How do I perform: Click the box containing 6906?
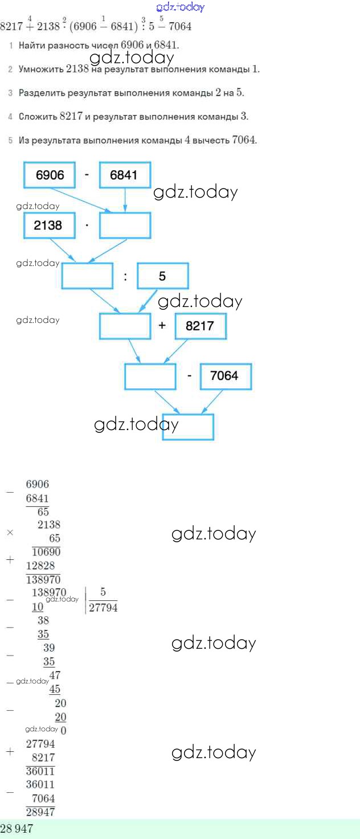[x=50, y=175]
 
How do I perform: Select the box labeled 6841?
[x=125, y=175]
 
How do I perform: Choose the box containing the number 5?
[x=163, y=276]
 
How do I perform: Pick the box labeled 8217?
[x=201, y=326]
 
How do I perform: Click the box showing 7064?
[x=226, y=376]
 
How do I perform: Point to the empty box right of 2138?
[x=125, y=225]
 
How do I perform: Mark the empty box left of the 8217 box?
[x=125, y=326]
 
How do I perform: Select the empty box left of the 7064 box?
[x=150, y=376]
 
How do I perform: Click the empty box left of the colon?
[x=87, y=276]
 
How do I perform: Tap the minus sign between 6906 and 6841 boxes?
[x=87, y=174]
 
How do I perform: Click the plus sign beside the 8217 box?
[x=162, y=326]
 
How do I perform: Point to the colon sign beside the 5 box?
[x=125, y=277]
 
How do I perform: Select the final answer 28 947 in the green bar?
[x=17, y=829]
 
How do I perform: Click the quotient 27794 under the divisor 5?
[x=103, y=607]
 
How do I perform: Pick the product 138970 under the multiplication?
[x=43, y=580]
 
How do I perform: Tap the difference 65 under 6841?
[x=43, y=511]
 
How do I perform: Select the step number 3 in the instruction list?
[x=10, y=93]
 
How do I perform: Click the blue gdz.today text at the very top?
[x=179, y=7]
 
